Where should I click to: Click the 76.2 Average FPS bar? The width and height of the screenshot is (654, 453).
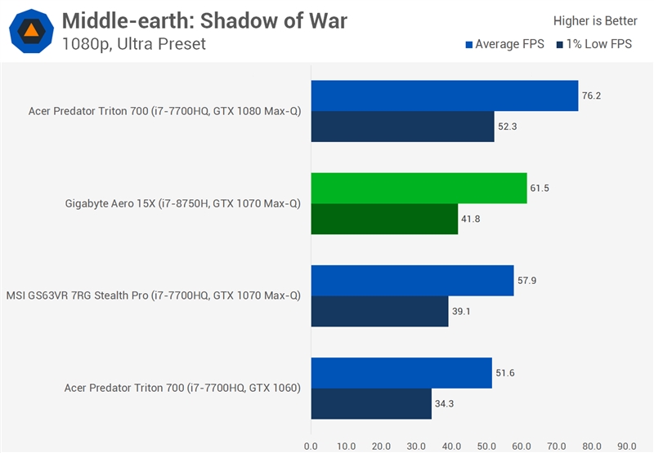pos(444,95)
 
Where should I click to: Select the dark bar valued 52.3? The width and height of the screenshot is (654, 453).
pos(402,127)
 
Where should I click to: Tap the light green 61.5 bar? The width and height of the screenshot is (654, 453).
pos(419,188)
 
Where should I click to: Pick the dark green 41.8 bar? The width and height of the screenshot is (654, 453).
pos(384,219)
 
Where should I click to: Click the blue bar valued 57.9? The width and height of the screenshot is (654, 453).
pos(412,280)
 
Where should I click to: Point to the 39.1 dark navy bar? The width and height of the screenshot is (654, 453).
pos(379,311)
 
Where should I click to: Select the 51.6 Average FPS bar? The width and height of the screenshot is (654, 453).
pos(401,372)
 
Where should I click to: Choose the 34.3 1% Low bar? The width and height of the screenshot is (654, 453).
pos(371,403)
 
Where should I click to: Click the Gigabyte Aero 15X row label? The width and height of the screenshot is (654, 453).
pos(182,203)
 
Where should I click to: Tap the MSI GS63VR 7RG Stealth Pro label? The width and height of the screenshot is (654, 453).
pos(153,295)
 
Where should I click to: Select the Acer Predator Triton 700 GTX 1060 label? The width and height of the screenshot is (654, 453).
pos(182,388)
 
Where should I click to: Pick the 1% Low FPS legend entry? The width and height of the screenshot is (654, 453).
pos(594,45)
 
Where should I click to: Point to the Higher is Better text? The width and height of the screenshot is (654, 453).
pos(595,21)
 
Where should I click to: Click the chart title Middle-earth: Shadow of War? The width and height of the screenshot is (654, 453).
pos(204,20)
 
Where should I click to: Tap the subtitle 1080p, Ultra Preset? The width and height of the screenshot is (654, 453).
pos(133,44)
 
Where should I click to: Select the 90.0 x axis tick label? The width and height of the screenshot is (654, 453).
pos(627,446)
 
